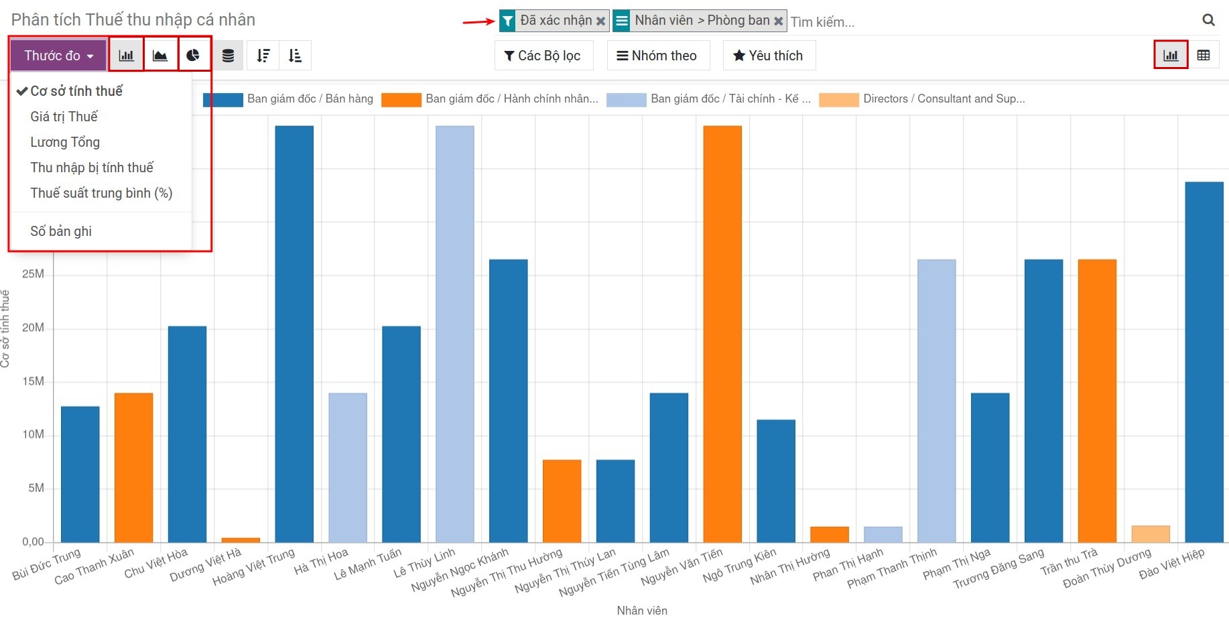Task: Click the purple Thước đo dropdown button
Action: [58, 56]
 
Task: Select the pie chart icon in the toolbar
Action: [194, 56]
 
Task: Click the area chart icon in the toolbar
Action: [160, 56]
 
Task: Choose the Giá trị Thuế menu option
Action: [64, 117]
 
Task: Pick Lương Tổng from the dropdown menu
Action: [65, 142]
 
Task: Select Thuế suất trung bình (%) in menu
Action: [101, 193]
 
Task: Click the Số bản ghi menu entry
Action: [61, 231]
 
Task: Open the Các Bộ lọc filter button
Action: [543, 56]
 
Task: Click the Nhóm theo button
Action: [657, 56]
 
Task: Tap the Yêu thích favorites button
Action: [769, 56]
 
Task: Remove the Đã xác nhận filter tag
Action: [601, 21]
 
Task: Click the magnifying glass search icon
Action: [1208, 20]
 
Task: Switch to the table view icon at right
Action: [1204, 56]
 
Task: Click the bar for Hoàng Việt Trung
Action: [294, 335]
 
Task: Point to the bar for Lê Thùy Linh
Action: [455, 335]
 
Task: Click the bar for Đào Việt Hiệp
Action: [1204, 362]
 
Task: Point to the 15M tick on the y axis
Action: [33, 381]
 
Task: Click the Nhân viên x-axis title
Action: [642, 611]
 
